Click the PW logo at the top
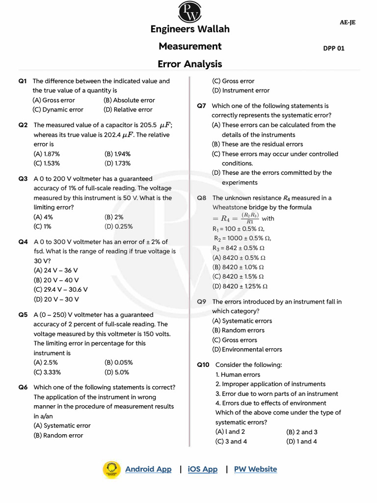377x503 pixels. pyautogui.click(x=189, y=12)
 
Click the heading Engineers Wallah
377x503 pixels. pyautogui.click(x=189, y=29)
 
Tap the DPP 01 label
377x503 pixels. pyautogui.click(x=333, y=48)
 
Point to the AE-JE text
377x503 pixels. pyautogui.click(x=348, y=23)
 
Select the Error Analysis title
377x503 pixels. pyautogui.click(x=189, y=64)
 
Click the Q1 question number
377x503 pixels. pyautogui.click(x=23, y=81)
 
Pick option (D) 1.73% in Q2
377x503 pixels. pyautogui.click(x=117, y=163)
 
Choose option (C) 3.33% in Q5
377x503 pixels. pyautogui.click(x=47, y=372)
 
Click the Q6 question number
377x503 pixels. pyautogui.click(x=23, y=387)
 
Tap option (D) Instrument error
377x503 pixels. pyautogui.click(x=241, y=90)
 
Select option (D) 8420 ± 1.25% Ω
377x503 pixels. pyautogui.click(x=240, y=286)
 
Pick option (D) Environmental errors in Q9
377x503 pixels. pyautogui.click(x=247, y=349)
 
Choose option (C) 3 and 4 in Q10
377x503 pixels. pyautogui.click(x=231, y=441)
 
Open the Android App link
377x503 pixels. pyautogui.click(x=148, y=469)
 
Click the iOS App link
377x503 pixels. pyautogui.click(x=202, y=469)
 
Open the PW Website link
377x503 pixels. pyautogui.click(x=255, y=469)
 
